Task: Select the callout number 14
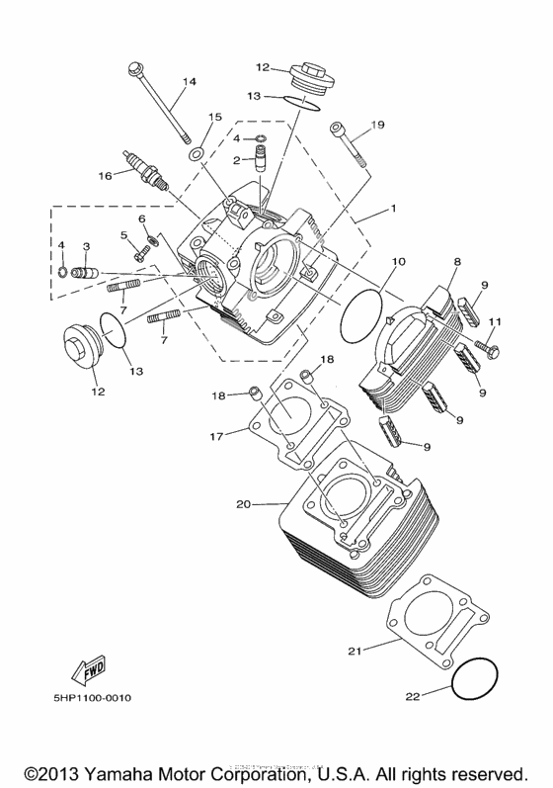(x=190, y=81)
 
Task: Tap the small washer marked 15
(x=197, y=153)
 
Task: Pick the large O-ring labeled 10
(x=361, y=314)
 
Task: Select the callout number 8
(x=457, y=262)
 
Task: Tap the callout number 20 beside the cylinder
(x=243, y=504)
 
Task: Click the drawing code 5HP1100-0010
(x=93, y=698)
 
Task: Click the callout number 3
(x=86, y=245)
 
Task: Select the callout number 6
(x=141, y=219)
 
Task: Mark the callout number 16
(x=105, y=175)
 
